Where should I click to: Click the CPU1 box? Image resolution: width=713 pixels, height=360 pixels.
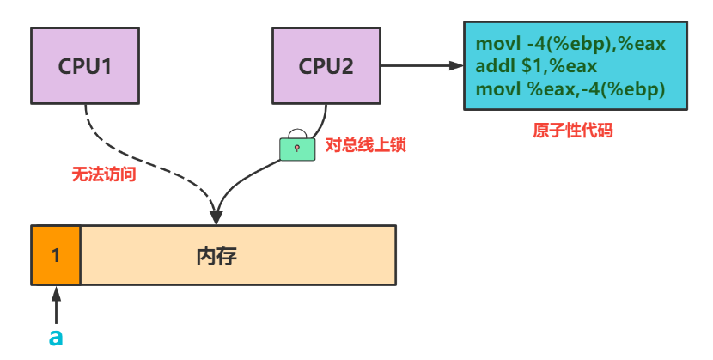tap(85, 64)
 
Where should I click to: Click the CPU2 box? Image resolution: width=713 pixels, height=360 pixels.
tap(326, 64)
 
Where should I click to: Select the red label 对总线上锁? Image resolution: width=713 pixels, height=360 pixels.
tap(364, 144)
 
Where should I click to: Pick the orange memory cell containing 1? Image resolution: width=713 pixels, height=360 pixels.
tap(56, 254)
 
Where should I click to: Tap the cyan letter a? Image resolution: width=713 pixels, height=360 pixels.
tap(56, 337)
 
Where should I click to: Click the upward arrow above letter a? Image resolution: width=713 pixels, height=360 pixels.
tap(56, 305)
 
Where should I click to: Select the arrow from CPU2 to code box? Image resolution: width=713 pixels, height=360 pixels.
tap(421, 65)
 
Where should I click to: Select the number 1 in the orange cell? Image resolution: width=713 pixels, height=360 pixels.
tap(56, 255)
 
